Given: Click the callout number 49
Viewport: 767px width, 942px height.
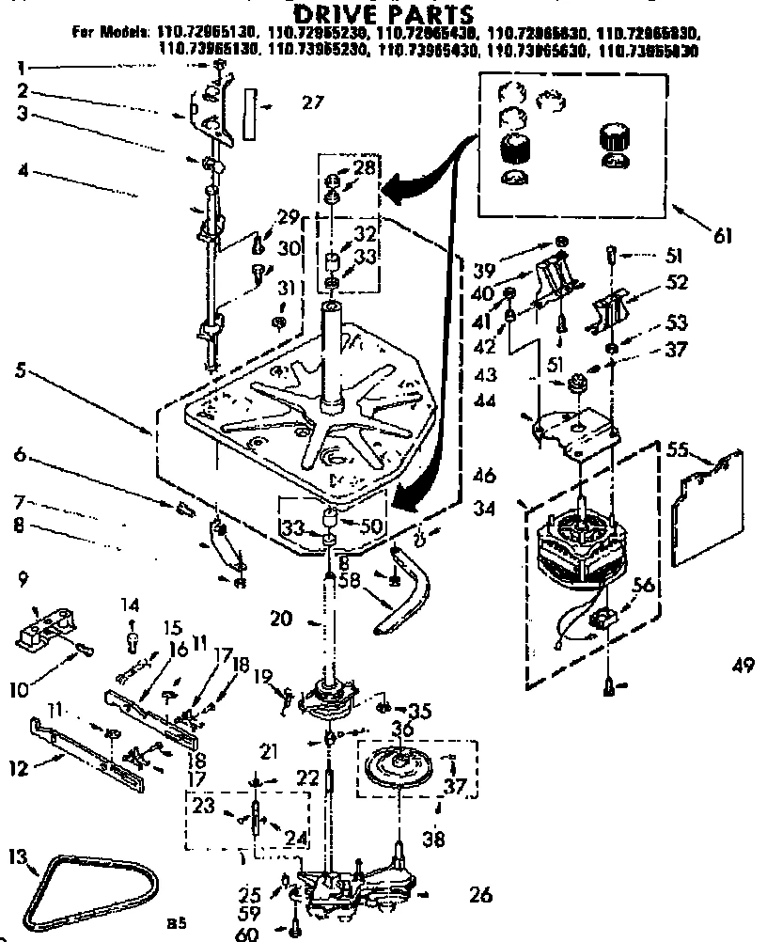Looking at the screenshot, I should [x=743, y=667].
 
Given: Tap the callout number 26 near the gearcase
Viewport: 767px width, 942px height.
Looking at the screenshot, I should [x=479, y=894].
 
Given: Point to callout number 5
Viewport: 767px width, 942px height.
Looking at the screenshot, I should [x=19, y=370].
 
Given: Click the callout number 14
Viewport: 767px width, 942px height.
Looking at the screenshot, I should [x=131, y=604].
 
